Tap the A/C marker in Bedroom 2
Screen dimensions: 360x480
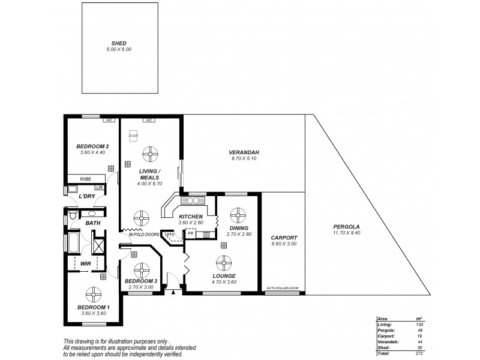pos(109,121)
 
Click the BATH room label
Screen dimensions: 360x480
pos(92,223)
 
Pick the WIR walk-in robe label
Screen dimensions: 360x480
pos(77,263)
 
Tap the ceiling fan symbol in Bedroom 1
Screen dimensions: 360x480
pos(94,295)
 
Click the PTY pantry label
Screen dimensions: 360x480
pos(170,235)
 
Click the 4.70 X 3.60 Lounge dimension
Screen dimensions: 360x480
pos(223,281)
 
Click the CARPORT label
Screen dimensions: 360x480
pos(283,237)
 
